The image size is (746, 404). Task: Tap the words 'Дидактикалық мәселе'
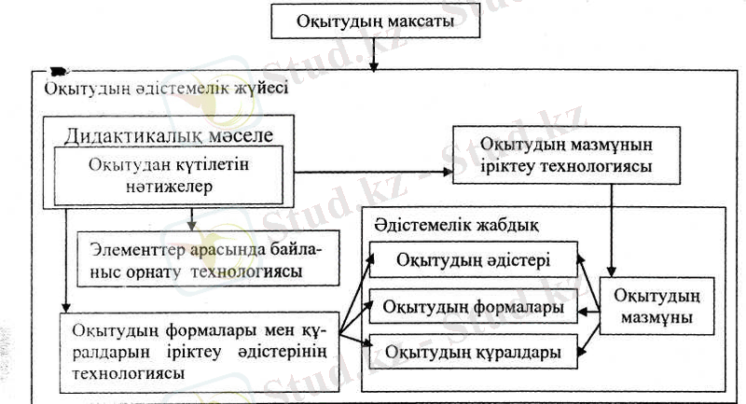pyautogui.click(x=168, y=134)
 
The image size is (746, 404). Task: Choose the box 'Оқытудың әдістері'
pyautogui.click(x=473, y=259)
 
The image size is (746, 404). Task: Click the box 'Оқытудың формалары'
pyautogui.click(x=473, y=306)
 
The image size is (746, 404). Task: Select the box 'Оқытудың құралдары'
pyautogui.click(x=473, y=352)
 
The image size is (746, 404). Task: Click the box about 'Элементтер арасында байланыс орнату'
pyautogui.click(x=205, y=260)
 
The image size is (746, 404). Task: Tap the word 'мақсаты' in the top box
pyautogui.click(x=420, y=21)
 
